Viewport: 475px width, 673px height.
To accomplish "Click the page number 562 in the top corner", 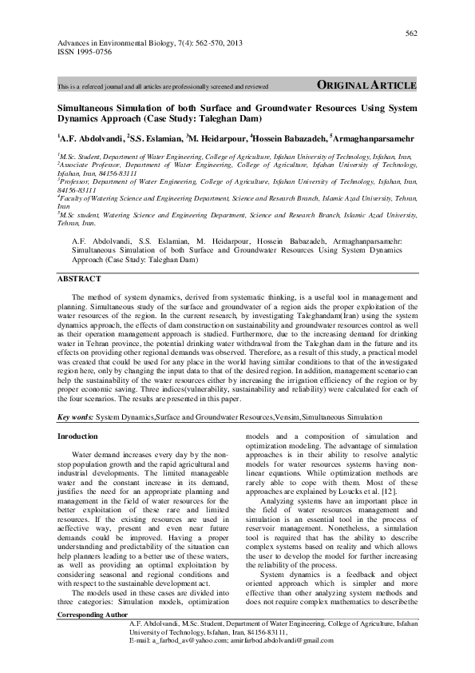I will click(411, 33).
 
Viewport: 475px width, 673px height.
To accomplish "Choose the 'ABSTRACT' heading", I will click(80, 278).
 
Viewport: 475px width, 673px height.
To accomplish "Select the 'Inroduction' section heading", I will click(79, 436).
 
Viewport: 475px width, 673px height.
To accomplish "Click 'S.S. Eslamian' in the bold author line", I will click(156, 137).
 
